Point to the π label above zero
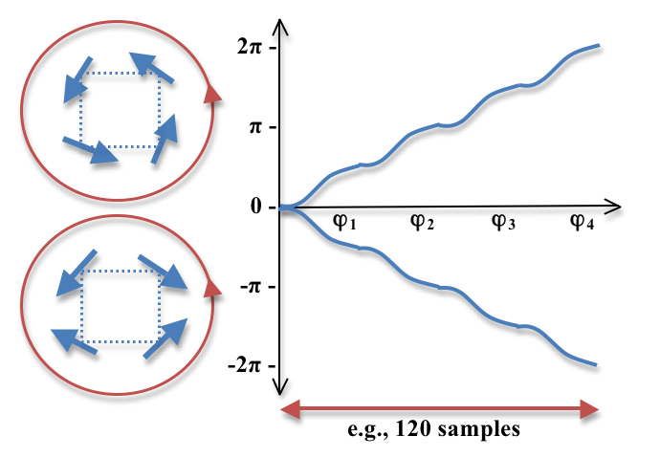click(x=251, y=128)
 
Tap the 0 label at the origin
click(x=253, y=207)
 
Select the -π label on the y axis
click(x=247, y=286)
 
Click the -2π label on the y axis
click(x=241, y=365)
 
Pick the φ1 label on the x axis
click(x=343, y=224)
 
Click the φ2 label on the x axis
click(x=423, y=224)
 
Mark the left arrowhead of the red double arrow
click(x=284, y=409)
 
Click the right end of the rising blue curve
click(x=598, y=45)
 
